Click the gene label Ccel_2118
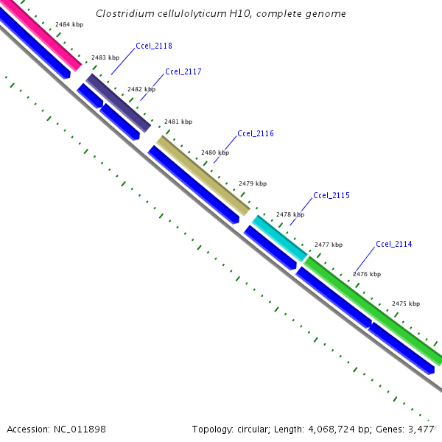click(154, 46)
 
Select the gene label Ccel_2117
click(183, 71)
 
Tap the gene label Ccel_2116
click(256, 133)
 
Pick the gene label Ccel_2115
click(331, 195)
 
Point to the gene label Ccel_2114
click(394, 244)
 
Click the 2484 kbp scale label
click(69, 24)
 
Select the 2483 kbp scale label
click(105, 57)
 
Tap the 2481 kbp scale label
click(178, 121)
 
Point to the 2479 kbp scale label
click(253, 183)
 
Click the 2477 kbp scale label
click(329, 245)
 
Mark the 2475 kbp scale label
click(406, 304)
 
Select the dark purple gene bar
click(119, 102)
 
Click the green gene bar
click(372, 310)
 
